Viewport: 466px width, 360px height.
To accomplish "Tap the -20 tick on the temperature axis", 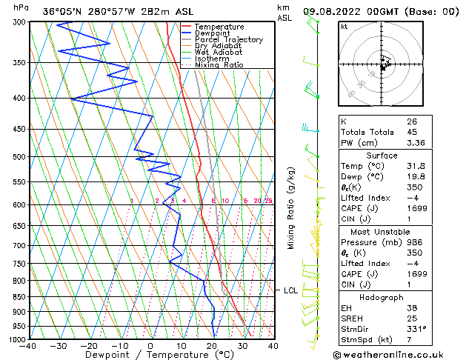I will click(89, 346).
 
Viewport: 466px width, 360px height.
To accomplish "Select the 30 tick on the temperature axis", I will click(242, 346).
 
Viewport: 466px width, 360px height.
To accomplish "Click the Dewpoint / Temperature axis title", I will click(150, 355).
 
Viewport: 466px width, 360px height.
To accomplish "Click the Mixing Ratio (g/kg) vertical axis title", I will click(291, 207).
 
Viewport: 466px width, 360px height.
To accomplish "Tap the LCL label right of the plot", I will click(291, 290).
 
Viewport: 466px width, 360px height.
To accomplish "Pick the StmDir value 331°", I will click(416, 329).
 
